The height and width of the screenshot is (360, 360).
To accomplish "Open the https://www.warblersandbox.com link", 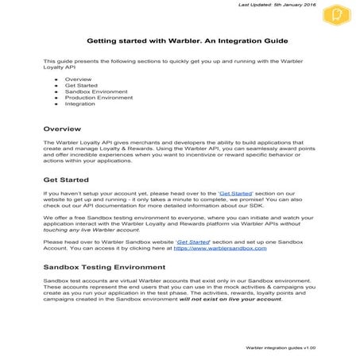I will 226,249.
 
